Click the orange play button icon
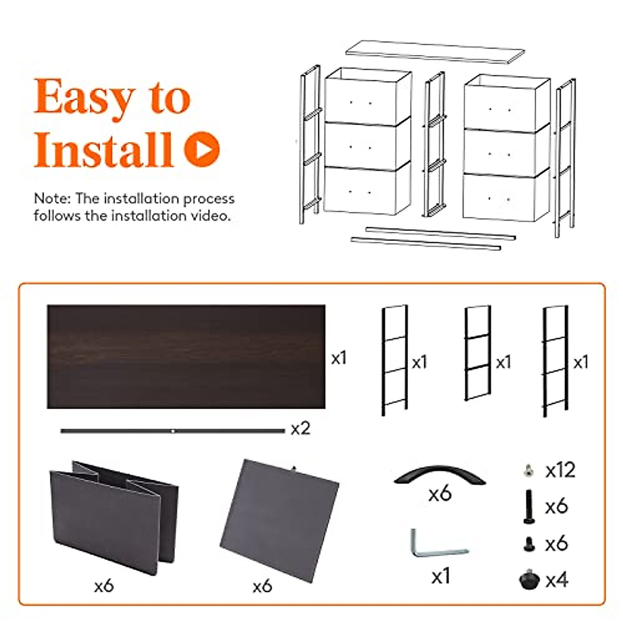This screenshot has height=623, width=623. coord(202,150)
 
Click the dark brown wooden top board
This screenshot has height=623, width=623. coord(186,356)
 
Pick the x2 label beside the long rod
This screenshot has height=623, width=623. coord(300,428)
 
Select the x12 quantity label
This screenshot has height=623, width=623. coord(560,470)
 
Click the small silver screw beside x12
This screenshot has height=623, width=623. coord(528,470)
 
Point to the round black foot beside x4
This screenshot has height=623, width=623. coord(529,579)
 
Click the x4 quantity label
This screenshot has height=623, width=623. coord(557,580)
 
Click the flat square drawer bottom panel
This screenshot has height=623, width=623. coord(279,519)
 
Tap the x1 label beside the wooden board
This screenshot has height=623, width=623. coord(338,358)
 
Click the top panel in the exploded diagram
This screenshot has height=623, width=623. coord(435,52)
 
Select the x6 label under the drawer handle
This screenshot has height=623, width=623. coord(440,494)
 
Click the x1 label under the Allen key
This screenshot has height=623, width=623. coord(440,576)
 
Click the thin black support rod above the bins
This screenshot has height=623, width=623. coord(172,431)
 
